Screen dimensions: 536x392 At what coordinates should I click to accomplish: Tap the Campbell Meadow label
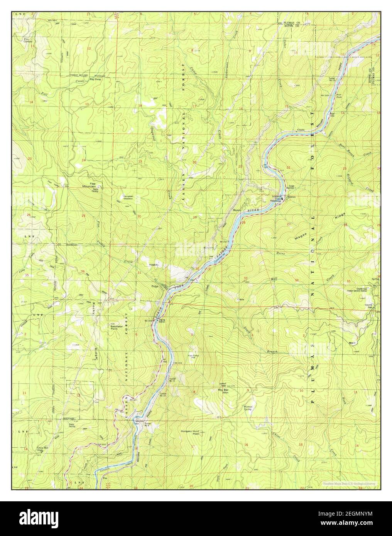pos(129,197)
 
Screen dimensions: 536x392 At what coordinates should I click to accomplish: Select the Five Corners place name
pos(27,40)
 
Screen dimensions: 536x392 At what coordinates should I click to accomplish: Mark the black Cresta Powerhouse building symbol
pos(282,199)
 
